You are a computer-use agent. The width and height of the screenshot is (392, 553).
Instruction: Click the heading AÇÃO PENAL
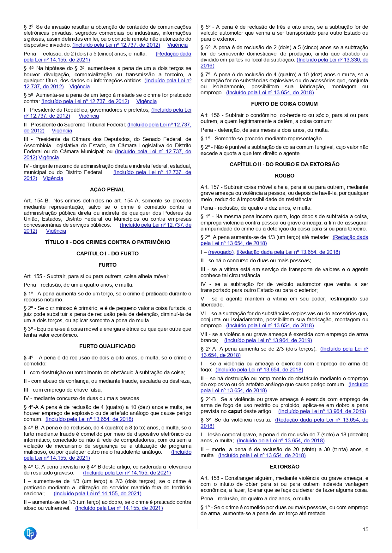(x=107, y=189)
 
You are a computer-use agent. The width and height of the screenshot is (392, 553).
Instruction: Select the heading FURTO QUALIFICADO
(x=107, y=346)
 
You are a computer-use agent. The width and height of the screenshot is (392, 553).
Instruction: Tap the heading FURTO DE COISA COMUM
(x=284, y=104)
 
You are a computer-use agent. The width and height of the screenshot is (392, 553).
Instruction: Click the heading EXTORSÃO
(x=284, y=467)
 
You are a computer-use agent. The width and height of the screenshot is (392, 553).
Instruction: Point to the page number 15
(x=365, y=529)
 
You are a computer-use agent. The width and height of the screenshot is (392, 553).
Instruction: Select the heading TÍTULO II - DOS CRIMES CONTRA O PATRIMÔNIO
(x=107, y=242)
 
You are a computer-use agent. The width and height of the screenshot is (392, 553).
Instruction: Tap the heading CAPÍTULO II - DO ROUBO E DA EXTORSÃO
(x=284, y=164)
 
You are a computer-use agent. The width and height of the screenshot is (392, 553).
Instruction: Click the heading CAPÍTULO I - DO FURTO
(x=107, y=253)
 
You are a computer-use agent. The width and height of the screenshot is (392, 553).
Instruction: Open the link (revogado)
(x=221, y=252)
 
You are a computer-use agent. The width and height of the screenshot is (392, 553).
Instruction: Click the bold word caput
(x=235, y=411)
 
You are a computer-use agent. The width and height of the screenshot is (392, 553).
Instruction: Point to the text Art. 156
(x=210, y=115)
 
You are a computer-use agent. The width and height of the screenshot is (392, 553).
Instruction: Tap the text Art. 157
(x=210, y=187)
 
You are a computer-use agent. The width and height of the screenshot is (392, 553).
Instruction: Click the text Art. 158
(x=210, y=478)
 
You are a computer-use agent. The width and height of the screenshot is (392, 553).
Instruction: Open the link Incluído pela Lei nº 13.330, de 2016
(x=332, y=60)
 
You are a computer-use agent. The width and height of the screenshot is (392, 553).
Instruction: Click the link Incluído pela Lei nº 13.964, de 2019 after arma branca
(x=268, y=340)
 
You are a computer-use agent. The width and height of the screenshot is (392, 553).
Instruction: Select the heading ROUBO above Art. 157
(x=284, y=176)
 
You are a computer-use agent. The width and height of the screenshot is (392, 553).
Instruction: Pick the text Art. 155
(x=33, y=276)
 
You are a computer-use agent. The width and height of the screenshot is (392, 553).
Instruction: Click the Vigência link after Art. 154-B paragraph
(x=56, y=231)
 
